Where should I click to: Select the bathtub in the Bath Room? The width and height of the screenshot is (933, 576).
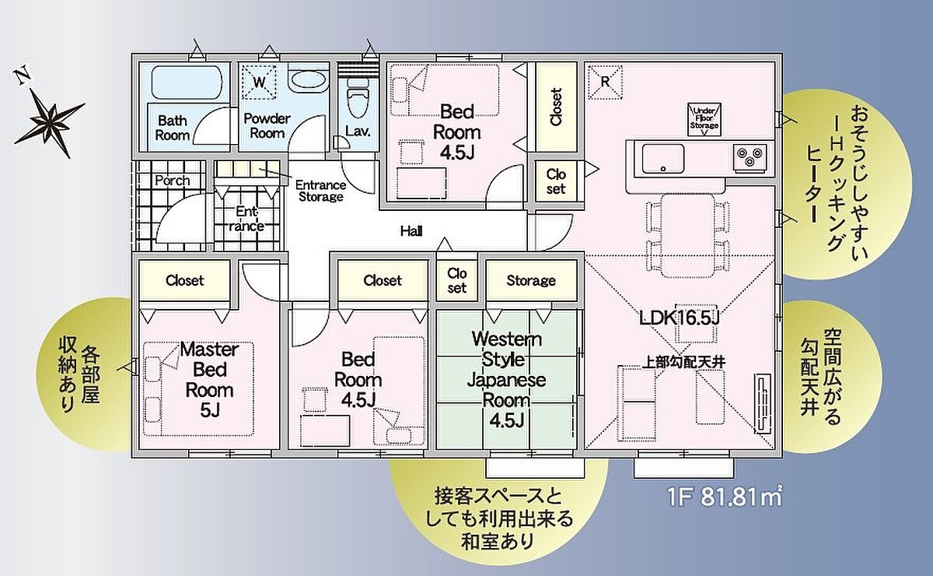coord(186,83)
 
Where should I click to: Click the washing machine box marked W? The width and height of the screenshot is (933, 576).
coord(259,83)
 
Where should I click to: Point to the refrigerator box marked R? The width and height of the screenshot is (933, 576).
coord(605,82)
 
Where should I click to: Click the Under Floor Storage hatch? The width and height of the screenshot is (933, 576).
coord(704,119)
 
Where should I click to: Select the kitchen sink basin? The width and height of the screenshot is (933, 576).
coord(663,159)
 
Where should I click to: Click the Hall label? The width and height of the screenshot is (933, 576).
coord(411,230)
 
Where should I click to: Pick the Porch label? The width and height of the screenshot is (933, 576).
coord(173,181)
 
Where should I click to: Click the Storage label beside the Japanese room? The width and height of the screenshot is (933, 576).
coord(531,280)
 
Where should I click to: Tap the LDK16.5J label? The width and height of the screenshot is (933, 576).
coord(680,318)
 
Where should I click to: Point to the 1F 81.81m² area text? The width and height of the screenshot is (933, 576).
coord(725,497)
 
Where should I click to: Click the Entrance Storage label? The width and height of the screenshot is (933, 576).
coord(320,191)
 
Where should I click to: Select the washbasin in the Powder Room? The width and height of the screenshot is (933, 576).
coord(307,81)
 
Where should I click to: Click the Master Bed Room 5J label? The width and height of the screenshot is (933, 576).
coord(209,380)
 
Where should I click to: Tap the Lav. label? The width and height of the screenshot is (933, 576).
coord(358,131)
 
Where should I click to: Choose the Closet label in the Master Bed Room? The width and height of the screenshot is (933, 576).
coord(184,280)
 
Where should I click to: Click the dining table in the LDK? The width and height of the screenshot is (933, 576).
coord(687,236)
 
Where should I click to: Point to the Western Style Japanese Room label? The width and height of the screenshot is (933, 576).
coord(506,379)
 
